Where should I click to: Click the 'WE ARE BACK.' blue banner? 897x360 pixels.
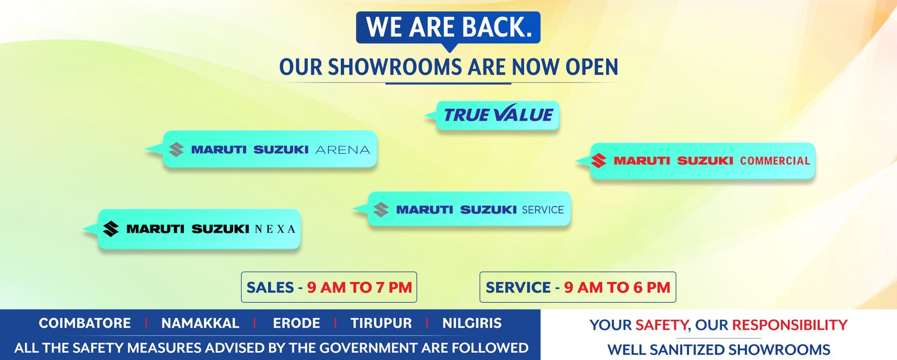(448, 27)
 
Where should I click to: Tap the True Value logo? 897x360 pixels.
(498, 114)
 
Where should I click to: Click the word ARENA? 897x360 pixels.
(343, 150)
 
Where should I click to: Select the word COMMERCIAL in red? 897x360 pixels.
(775, 161)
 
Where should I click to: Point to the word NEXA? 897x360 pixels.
(275, 229)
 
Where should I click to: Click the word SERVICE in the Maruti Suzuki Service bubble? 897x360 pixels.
(543, 210)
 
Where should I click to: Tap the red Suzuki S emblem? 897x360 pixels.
(599, 160)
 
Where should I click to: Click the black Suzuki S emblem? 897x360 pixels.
(111, 229)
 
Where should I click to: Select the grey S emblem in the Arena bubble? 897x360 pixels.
(176, 149)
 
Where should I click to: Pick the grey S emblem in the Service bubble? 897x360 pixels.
(381, 209)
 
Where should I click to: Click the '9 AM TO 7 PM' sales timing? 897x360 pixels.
(359, 288)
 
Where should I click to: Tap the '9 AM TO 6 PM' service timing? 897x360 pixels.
(617, 288)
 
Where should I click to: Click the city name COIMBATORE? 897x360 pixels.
(85, 323)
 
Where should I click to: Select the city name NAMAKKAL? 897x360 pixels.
(200, 323)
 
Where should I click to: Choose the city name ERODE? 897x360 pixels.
(297, 323)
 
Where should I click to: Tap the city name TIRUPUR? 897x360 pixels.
(381, 323)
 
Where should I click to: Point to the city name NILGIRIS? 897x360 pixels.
(471, 323)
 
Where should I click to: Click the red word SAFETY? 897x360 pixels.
(662, 325)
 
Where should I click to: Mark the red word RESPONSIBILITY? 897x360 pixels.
(790, 325)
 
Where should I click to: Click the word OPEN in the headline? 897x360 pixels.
(592, 67)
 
